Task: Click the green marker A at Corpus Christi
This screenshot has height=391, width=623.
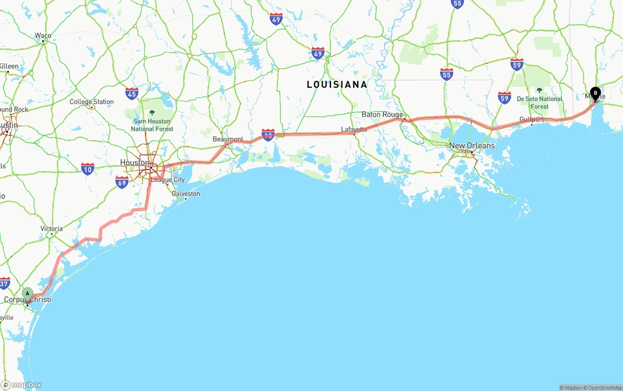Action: click(x=28, y=294)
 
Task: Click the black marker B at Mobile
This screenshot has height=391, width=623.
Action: click(x=595, y=93)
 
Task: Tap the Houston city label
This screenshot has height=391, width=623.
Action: click(x=135, y=162)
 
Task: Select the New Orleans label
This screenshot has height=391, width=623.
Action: click(x=472, y=146)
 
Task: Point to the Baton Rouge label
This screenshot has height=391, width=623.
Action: click(x=382, y=114)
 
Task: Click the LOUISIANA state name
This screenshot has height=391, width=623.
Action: click(x=337, y=85)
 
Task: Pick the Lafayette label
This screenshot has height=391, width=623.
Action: click(x=354, y=129)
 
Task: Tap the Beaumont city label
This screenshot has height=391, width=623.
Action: click(x=228, y=139)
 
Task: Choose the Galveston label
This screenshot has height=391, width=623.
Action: click(x=185, y=193)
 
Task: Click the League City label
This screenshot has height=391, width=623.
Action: click(x=168, y=179)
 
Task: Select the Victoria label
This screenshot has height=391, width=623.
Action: click(x=52, y=228)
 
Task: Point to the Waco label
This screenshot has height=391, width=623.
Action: click(x=43, y=36)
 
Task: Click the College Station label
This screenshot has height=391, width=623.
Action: click(x=92, y=102)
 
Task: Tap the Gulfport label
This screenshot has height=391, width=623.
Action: click(x=531, y=119)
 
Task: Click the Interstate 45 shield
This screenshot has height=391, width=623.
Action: click(x=131, y=93)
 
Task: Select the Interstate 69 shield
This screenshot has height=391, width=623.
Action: click(x=122, y=182)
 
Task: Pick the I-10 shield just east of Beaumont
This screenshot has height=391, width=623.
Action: click(x=268, y=135)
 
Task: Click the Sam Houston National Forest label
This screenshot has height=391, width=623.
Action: click(x=152, y=125)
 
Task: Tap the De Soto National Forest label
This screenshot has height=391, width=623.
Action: click(x=539, y=102)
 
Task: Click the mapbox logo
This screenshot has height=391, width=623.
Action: click(x=21, y=385)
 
